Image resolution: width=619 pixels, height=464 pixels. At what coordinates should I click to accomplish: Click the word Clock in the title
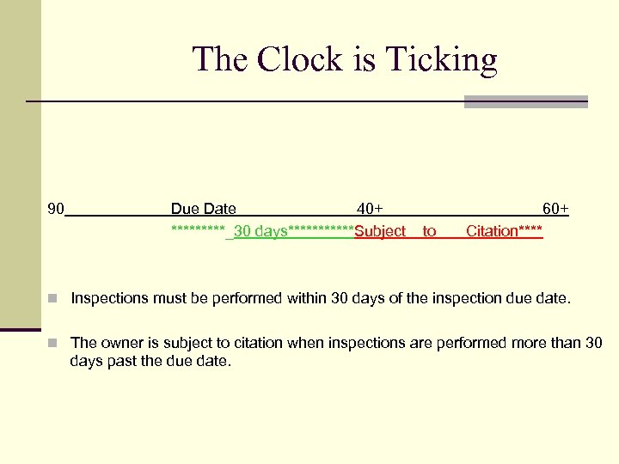tap(289, 60)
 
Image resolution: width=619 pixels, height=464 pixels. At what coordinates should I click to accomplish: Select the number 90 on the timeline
tap(57, 209)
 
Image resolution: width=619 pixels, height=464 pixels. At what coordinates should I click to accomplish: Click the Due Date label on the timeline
tap(203, 209)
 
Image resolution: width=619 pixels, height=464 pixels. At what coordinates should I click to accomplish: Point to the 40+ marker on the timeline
tap(370, 209)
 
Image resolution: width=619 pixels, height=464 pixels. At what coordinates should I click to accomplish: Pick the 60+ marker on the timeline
tap(555, 209)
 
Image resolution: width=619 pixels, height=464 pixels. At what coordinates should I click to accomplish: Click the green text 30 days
tap(260, 231)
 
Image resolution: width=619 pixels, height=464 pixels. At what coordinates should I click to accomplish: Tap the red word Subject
tap(380, 231)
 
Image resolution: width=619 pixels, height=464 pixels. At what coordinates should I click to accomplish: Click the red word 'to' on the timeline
tap(429, 231)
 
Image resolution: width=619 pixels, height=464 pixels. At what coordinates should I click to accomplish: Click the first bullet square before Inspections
tap(52, 299)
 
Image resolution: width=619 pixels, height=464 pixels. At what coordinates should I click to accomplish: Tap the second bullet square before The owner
tap(52, 343)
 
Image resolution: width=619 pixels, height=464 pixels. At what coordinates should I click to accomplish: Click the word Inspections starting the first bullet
tap(109, 299)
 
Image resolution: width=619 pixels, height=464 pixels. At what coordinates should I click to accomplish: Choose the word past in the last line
tap(123, 362)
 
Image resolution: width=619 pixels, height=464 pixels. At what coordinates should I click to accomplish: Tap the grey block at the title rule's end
tap(525, 101)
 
